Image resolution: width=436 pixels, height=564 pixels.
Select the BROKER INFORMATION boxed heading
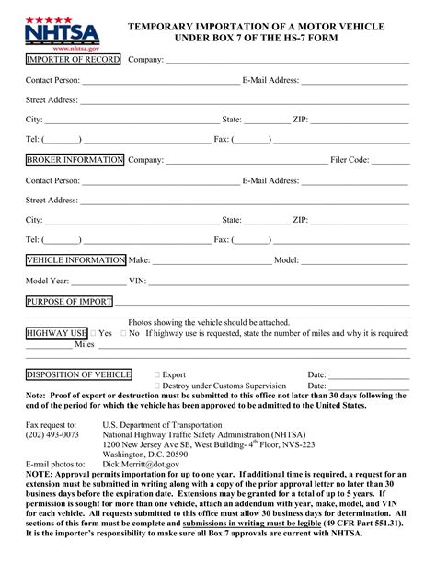(x=75, y=160)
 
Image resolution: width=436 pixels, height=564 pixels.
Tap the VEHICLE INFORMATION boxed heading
(x=75, y=260)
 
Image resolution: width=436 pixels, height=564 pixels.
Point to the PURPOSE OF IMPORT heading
(x=68, y=302)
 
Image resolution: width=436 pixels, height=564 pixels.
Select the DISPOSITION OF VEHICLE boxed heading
(x=78, y=375)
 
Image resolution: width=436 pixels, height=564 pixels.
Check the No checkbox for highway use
(x=124, y=334)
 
